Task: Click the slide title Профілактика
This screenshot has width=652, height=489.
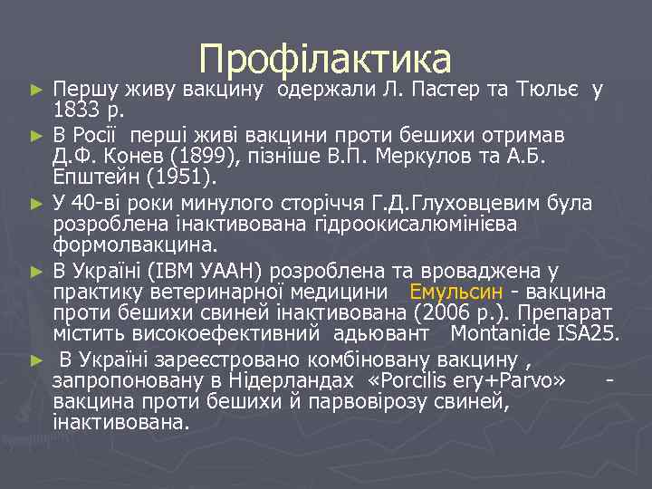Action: click(325, 59)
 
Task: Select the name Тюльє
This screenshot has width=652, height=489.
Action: click(547, 91)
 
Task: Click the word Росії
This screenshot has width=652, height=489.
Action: click(101, 136)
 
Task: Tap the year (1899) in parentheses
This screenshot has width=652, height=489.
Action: click(197, 156)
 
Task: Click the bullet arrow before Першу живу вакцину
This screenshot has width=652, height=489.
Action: click(35, 91)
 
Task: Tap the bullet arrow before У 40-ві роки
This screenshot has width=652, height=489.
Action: click(35, 201)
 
